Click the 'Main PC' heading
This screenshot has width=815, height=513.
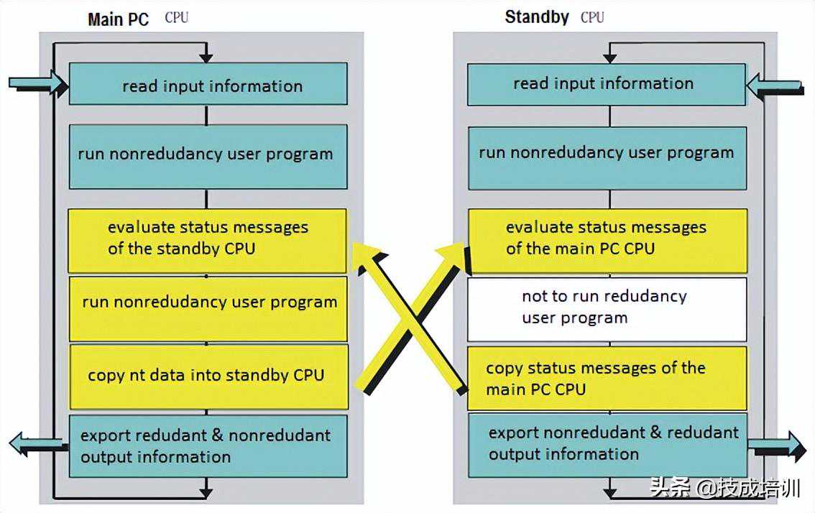[118, 19]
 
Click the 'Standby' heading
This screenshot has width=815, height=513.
[537, 17]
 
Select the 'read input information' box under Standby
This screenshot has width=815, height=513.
[607, 84]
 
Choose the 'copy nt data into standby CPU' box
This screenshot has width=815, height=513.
[208, 376]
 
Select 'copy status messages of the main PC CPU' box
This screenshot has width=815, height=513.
[607, 379]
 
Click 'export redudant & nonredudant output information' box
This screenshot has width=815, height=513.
[208, 446]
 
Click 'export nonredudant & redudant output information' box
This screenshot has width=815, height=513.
[607, 444]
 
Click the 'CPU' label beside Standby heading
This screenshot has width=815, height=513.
[592, 17]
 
